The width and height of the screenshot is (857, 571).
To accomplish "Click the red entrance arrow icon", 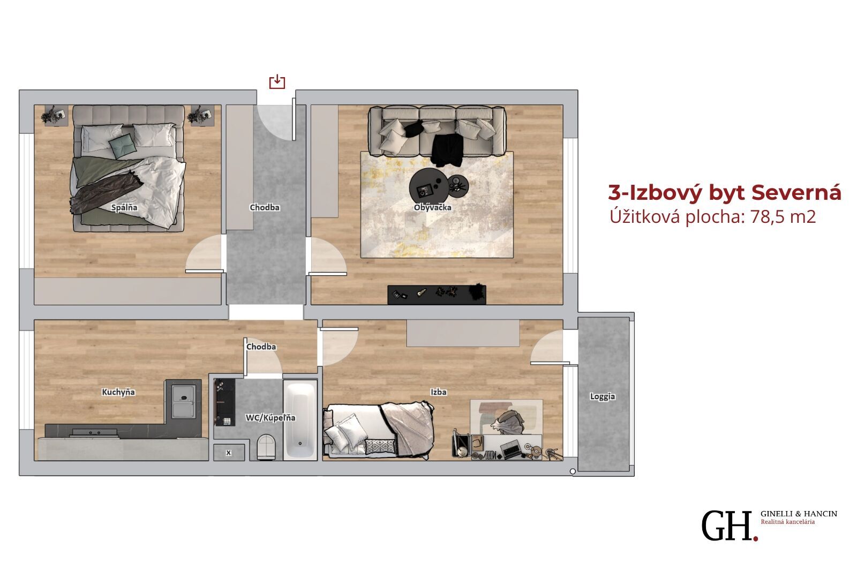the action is pos(277,82).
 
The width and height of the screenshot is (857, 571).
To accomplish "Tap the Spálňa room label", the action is pos(124,208).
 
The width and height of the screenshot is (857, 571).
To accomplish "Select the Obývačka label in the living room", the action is pos(433,207).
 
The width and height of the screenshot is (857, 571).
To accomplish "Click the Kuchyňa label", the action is pos(118,392).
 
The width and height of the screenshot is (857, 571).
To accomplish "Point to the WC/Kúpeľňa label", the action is pos(270,418).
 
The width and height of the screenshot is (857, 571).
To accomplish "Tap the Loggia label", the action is pos(603,397).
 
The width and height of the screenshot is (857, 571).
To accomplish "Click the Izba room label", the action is pos(439,392).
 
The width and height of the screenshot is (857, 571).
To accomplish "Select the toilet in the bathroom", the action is pos(266,447).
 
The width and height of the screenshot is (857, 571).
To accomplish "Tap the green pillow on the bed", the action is pos(123,147).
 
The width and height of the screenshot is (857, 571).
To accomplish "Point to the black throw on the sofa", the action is pos(447,151).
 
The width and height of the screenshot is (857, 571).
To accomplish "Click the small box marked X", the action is pos(229,453).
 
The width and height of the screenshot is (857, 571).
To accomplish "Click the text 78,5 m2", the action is pos(783,216).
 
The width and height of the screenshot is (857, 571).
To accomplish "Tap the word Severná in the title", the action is pos(796,192).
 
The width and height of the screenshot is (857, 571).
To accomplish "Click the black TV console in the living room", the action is pos(437,295).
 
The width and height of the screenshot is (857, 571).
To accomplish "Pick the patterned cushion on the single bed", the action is pos(380,447).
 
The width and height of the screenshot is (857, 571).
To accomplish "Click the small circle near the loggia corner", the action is pos(573,471).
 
